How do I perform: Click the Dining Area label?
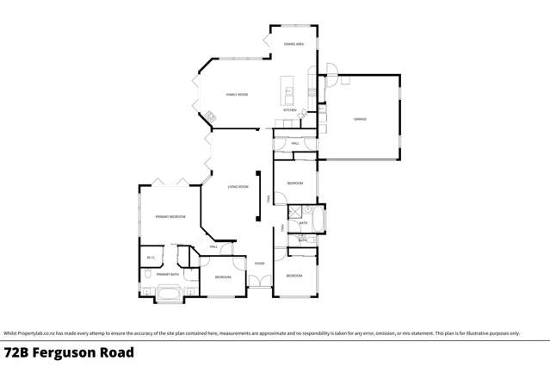tap(294, 43)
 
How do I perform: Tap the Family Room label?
tap(237, 94)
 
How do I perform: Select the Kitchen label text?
tap(290, 110)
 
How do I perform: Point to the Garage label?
tap(360, 119)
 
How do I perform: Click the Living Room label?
tap(238, 187)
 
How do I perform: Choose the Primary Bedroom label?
tap(170, 217)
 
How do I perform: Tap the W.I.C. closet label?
tap(151, 257)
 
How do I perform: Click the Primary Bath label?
tap(167, 275)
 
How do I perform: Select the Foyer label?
tap(259, 264)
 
